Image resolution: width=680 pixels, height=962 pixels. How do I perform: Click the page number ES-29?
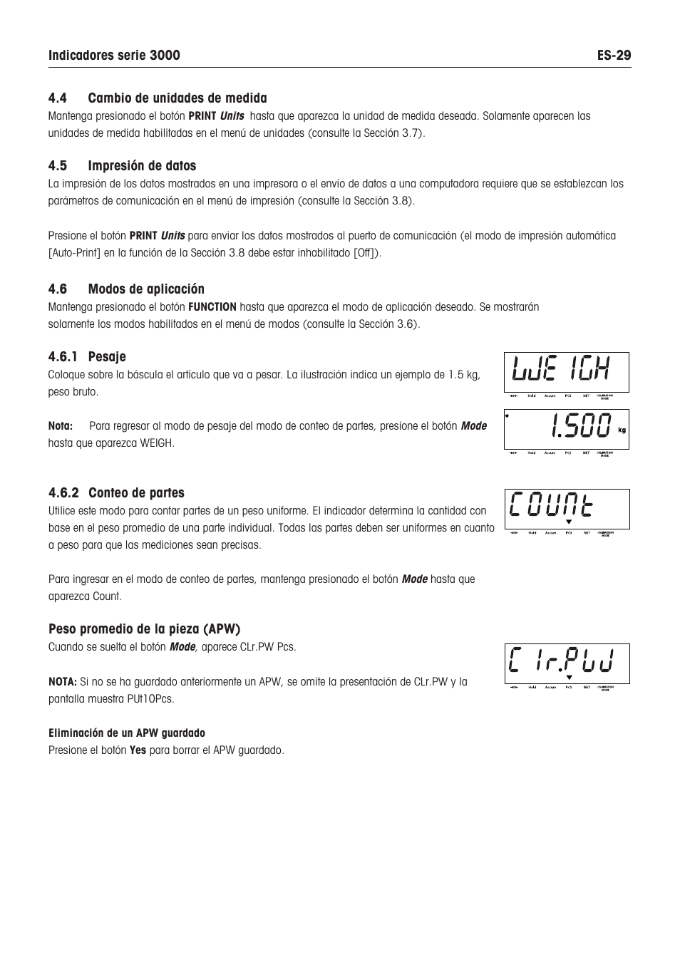pyautogui.click(x=614, y=56)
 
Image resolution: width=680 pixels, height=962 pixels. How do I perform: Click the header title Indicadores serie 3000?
pyautogui.click(x=114, y=56)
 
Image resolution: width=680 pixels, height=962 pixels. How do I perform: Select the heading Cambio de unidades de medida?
pyautogui.click(x=177, y=98)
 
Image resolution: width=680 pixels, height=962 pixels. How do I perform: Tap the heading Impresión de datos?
pyautogui.click(x=142, y=166)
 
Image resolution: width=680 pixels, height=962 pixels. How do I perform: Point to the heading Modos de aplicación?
pyautogui.click(x=146, y=289)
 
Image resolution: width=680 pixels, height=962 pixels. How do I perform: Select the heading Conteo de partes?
pyautogui.click(x=136, y=493)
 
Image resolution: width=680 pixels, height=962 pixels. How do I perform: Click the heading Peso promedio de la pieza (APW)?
pyautogui.click(x=144, y=629)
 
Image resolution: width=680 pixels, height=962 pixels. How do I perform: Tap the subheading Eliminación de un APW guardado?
pyautogui.click(x=126, y=733)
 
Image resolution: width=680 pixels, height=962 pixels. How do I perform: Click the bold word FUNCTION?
pyautogui.click(x=212, y=307)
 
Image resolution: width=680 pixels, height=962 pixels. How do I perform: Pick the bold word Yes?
pyautogui.click(x=138, y=750)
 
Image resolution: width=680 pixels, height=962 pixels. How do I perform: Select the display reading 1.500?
pyautogui.click(x=566, y=428)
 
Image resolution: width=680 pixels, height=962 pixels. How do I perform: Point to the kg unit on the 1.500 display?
pyautogui.click(x=622, y=430)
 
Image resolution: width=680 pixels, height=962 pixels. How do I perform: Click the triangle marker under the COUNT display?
pyautogui.click(x=569, y=522)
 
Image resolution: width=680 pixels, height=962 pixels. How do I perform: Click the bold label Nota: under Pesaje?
pyautogui.click(x=61, y=426)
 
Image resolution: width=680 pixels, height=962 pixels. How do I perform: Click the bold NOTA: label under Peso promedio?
pyautogui.click(x=62, y=682)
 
